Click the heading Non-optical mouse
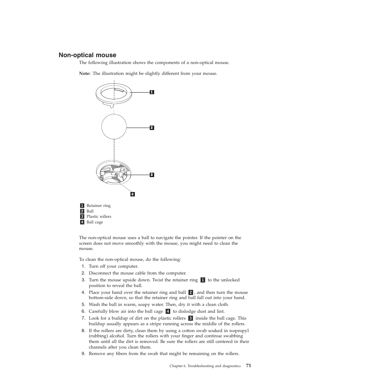[x=87, y=55]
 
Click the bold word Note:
[x=85, y=74]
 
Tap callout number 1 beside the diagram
[x=152, y=92]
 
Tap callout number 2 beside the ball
[x=152, y=128]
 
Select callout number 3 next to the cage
[x=152, y=175]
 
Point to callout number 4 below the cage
[x=132, y=194]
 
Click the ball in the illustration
[x=114, y=126]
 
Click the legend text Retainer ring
[x=98, y=206]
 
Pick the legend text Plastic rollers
[x=99, y=217]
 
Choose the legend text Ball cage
[x=95, y=222]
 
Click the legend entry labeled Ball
[x=90, y=211]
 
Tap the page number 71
[x=248, y=366]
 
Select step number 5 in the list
[x=83, y=305]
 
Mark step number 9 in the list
[x=83, y=354]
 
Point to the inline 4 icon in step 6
[x=168, y=311]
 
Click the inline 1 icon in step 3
[x=202, y=280]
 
